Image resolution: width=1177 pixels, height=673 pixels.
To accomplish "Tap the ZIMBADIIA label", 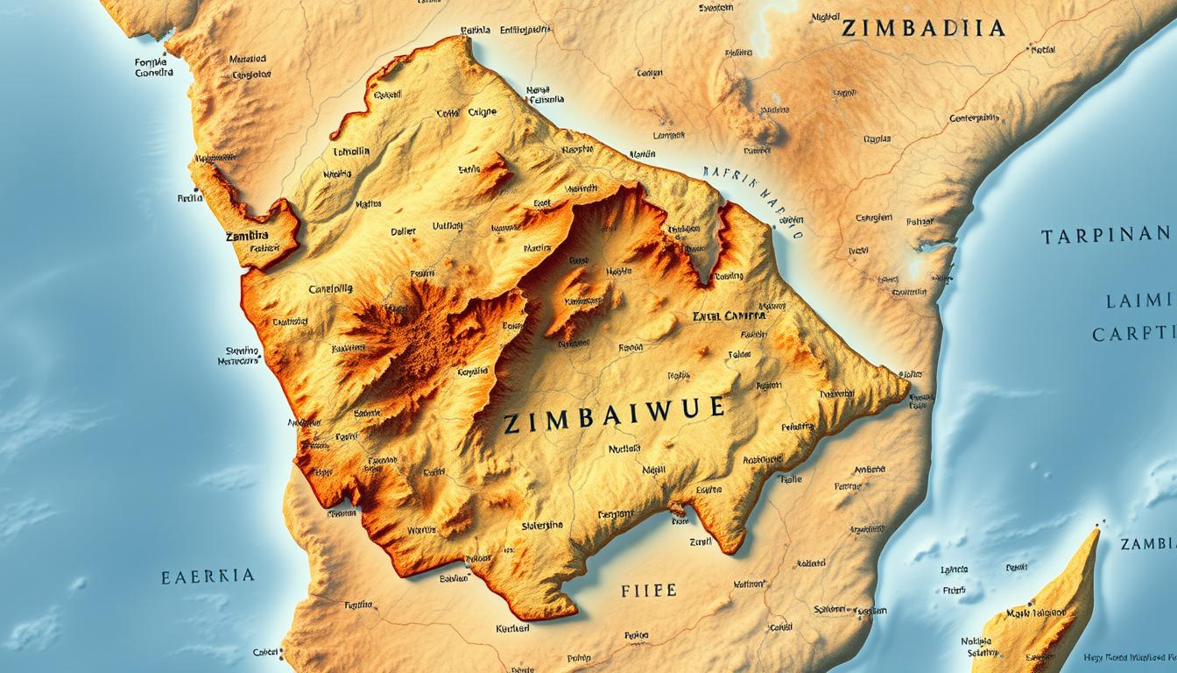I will (922, 28).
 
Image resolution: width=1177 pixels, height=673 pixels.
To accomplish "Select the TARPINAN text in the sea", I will (1105, 235).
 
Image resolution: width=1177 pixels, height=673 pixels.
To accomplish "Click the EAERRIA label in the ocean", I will (208, 576).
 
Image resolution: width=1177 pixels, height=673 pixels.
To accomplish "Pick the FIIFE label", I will (648, 590).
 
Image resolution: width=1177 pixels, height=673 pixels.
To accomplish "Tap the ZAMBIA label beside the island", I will (1148, 544).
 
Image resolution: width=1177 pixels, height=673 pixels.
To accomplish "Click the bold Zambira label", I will (248, 237).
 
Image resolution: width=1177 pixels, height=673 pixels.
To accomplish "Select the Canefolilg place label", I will (330, 287).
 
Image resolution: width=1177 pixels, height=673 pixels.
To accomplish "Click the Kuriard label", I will (512, 627).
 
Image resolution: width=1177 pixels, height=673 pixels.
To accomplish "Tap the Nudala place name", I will (624, 449).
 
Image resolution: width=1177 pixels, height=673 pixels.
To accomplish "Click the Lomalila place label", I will (352, 151).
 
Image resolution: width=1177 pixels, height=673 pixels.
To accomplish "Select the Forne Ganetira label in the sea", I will (154, 67).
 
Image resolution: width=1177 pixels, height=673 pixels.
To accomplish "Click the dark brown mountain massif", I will (403, 333).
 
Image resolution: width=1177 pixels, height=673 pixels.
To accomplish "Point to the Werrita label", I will (421, 529).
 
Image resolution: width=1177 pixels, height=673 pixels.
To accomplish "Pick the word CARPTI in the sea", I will (1132, 334).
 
